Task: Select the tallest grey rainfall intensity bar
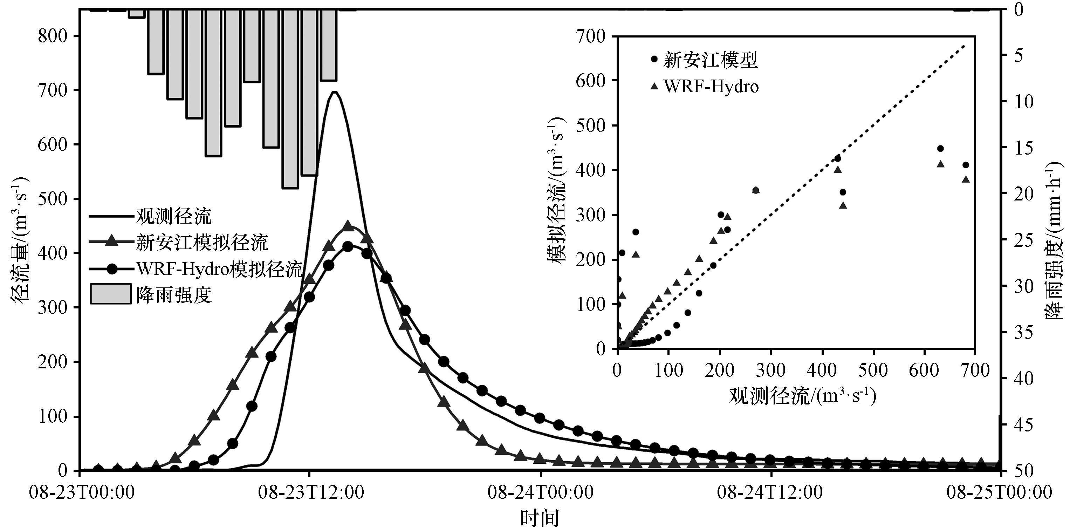tap(290, 98)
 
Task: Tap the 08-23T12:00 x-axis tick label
tap(311, 493)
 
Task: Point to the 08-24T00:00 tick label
tap(540, 493)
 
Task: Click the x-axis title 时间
tap(540, 518)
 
